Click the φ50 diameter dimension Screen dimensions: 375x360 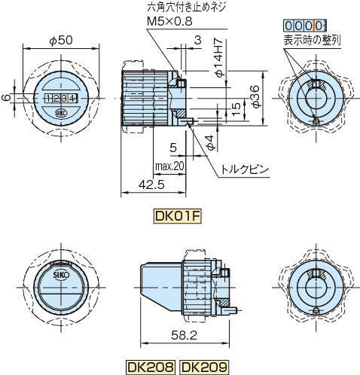point(60,39)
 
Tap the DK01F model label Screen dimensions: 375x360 point(178,216)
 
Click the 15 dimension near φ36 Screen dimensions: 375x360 point(236,107)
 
